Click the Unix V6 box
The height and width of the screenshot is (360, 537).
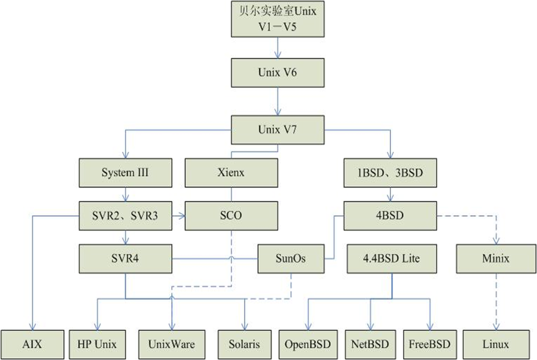coord(278,73)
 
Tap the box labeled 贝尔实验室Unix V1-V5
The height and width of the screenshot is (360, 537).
coord(278,19)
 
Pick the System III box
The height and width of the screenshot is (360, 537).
coord(126,172)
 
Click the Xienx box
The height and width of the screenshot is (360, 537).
coord(231,172)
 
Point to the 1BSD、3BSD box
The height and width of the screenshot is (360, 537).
coord(390,172)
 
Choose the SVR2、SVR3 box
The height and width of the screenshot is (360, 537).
coord(126,216)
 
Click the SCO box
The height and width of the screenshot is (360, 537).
coord(231,216)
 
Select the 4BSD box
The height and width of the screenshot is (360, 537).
coord(390,216)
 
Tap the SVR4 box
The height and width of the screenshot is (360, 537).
coord(126,259)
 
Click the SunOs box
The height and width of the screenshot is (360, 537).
coord(291,259)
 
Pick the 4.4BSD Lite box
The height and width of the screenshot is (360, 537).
coord(392,259)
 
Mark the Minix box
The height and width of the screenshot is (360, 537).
coord(495,259)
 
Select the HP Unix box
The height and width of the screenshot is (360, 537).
coord(97,344)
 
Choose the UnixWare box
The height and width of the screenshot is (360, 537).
coord(171,344)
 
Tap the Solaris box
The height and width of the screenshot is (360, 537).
coord(244,344)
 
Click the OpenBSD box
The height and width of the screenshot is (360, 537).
coord(308,344)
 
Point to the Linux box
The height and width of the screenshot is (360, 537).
coord(495,344)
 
